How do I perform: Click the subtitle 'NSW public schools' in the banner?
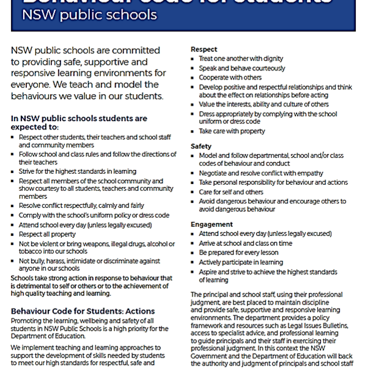click(89, 15)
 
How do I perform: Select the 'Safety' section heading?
click(201, 146)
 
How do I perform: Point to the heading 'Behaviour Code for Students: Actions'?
click(83, 311)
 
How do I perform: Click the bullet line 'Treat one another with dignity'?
click(241, 59)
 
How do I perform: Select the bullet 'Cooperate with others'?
click(230, 77)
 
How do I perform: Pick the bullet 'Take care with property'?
click(232, 131)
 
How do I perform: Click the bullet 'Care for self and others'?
click(231, 192)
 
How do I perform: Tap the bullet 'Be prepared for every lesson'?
click(238, 252)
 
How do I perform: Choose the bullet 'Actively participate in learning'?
click(241, 262)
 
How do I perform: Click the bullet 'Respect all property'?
click(47, 234)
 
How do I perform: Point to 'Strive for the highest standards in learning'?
click(78, 171)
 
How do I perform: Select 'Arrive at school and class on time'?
click(245, 243)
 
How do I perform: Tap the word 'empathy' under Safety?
click(311, 173)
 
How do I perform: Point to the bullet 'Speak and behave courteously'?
click(242, 68)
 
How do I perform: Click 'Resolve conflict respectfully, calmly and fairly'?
click(81, 205)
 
